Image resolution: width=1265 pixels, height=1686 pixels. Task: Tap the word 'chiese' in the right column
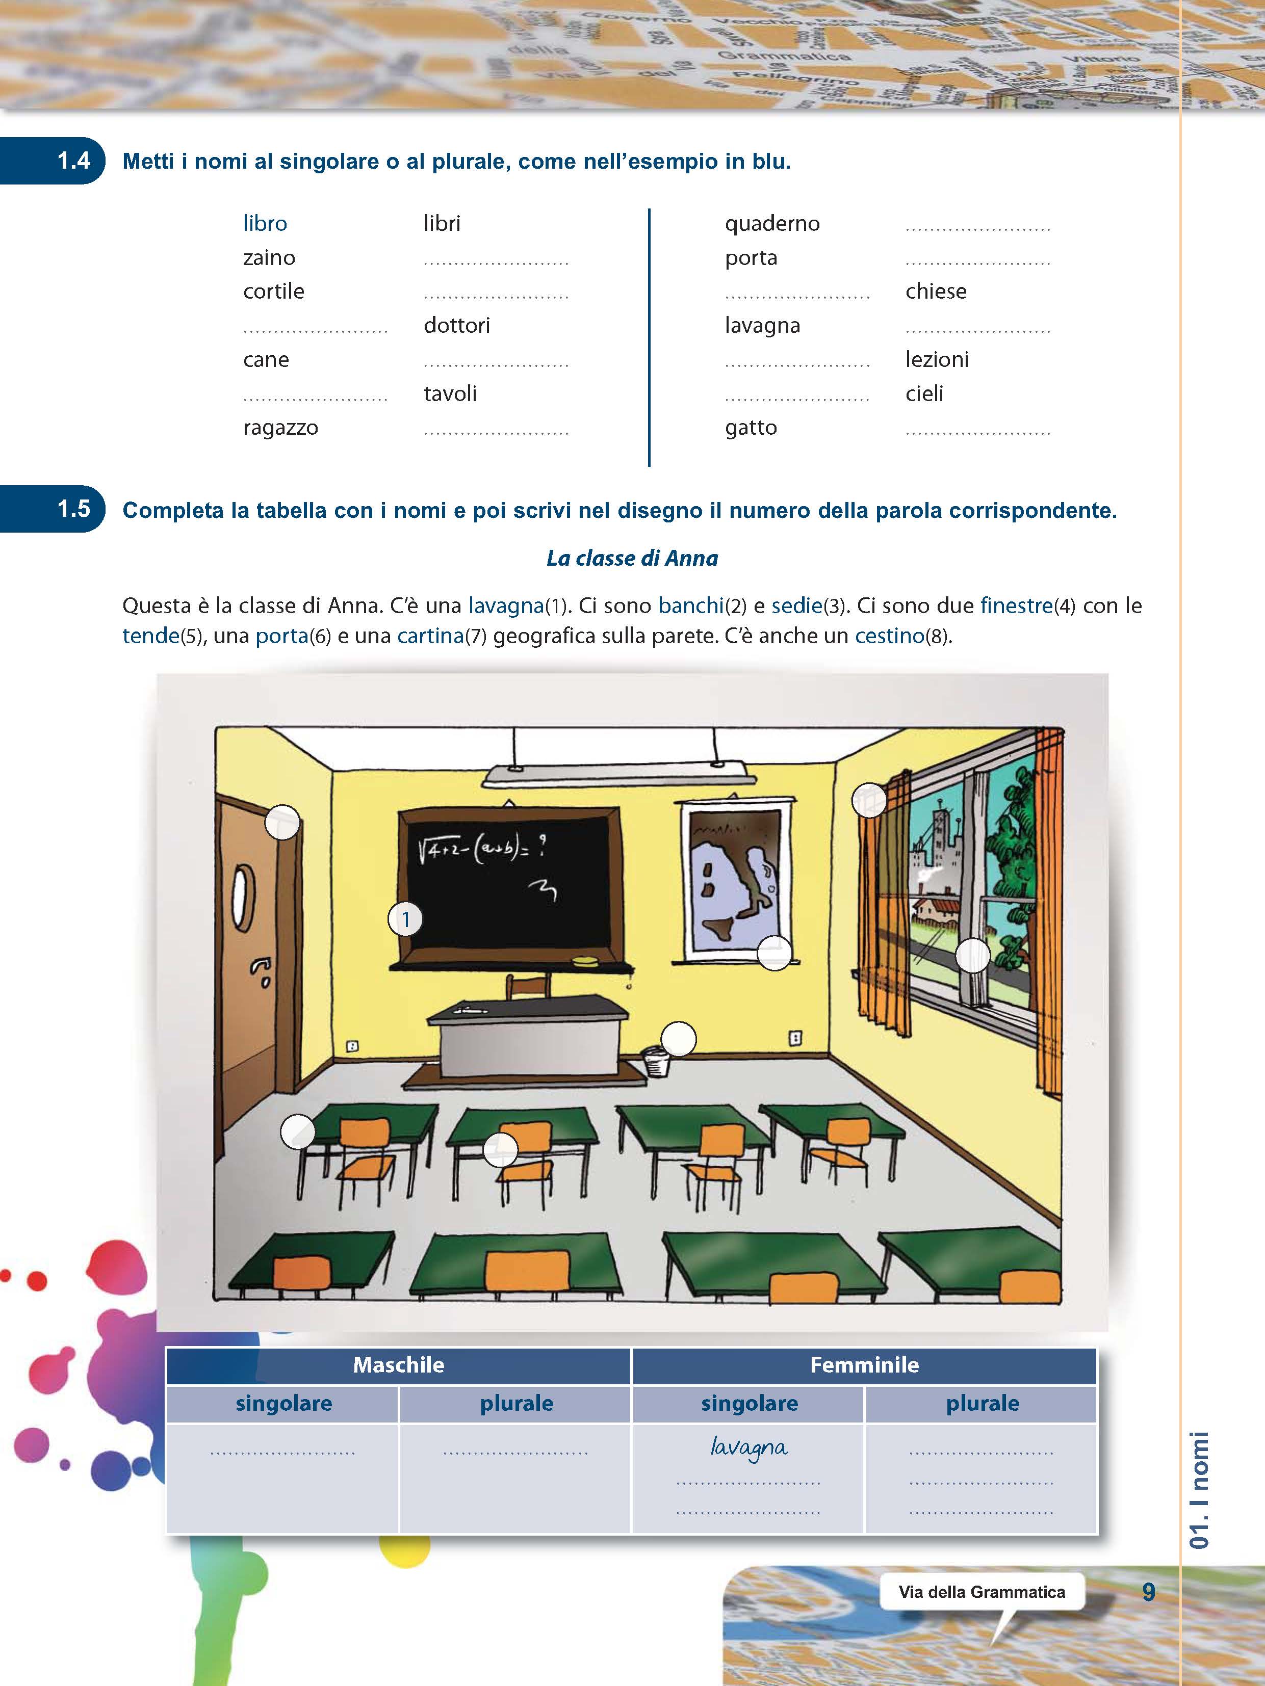coord(936,291)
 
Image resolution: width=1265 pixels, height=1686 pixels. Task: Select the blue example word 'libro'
coord(265,223)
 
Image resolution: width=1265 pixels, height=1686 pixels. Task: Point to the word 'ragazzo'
coord(280,428)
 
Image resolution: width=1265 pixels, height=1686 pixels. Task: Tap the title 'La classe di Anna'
coord(632,558)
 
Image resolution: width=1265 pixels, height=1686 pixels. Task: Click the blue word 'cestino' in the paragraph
coord(889,636)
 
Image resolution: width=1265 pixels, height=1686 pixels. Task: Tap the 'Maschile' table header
coord(398,1364)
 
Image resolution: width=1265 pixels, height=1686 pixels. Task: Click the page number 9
coord(1148,1592)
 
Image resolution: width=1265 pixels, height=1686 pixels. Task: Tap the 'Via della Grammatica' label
coord(982,1592)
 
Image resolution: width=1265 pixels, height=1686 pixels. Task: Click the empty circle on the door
coord(282,823)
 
